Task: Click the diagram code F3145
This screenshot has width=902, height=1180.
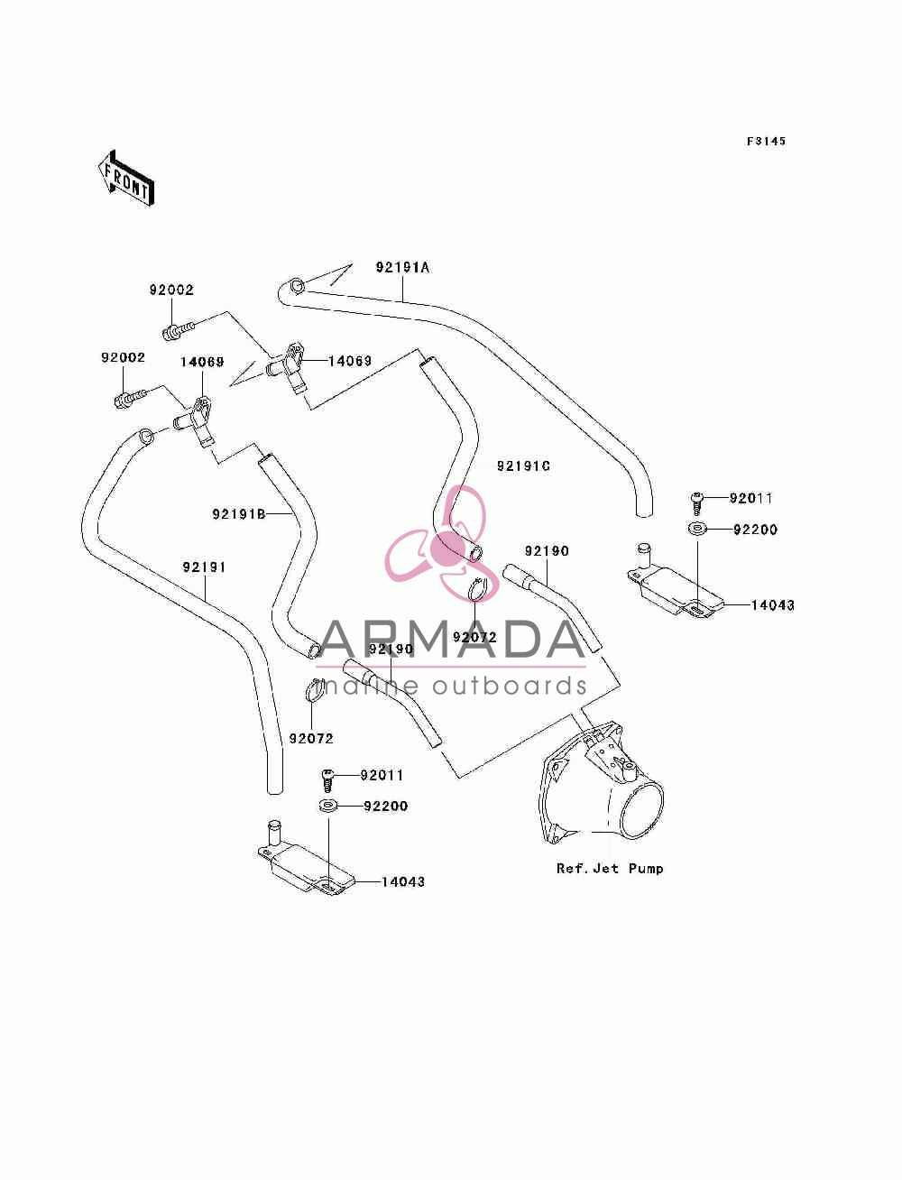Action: pyautogui.click(x=766, y=142)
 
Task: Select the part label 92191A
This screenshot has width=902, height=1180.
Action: pyautogui.click(x=402, y=267)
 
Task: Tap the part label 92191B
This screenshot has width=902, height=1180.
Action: pyautogui.click(x=239, y=514)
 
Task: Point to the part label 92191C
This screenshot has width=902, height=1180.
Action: pyautogui.click(x=523, y=466)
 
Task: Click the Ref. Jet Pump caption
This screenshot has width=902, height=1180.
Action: pyautogui.click(x=610, y=868)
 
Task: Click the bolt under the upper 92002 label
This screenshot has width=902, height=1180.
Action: pyautogui.click(x=179, y=330)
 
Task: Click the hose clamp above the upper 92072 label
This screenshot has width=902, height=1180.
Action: pyautogui.click(x=481, y=590)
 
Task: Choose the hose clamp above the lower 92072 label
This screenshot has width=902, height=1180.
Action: pyautogui.click(x=315, y=690)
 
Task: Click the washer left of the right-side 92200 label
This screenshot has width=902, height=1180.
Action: pyautogui.click(x=696, y=529)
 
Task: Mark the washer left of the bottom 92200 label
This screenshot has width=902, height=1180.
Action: pyautogui.click(x=327, y=806)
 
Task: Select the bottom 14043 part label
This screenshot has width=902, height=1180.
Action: pyautogui.click(x=403, y=882)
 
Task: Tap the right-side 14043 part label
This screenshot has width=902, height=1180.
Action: pyautogui.click(x=772, y=605)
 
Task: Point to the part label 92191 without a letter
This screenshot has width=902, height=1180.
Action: pyautogui.click(x=204, y=567)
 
